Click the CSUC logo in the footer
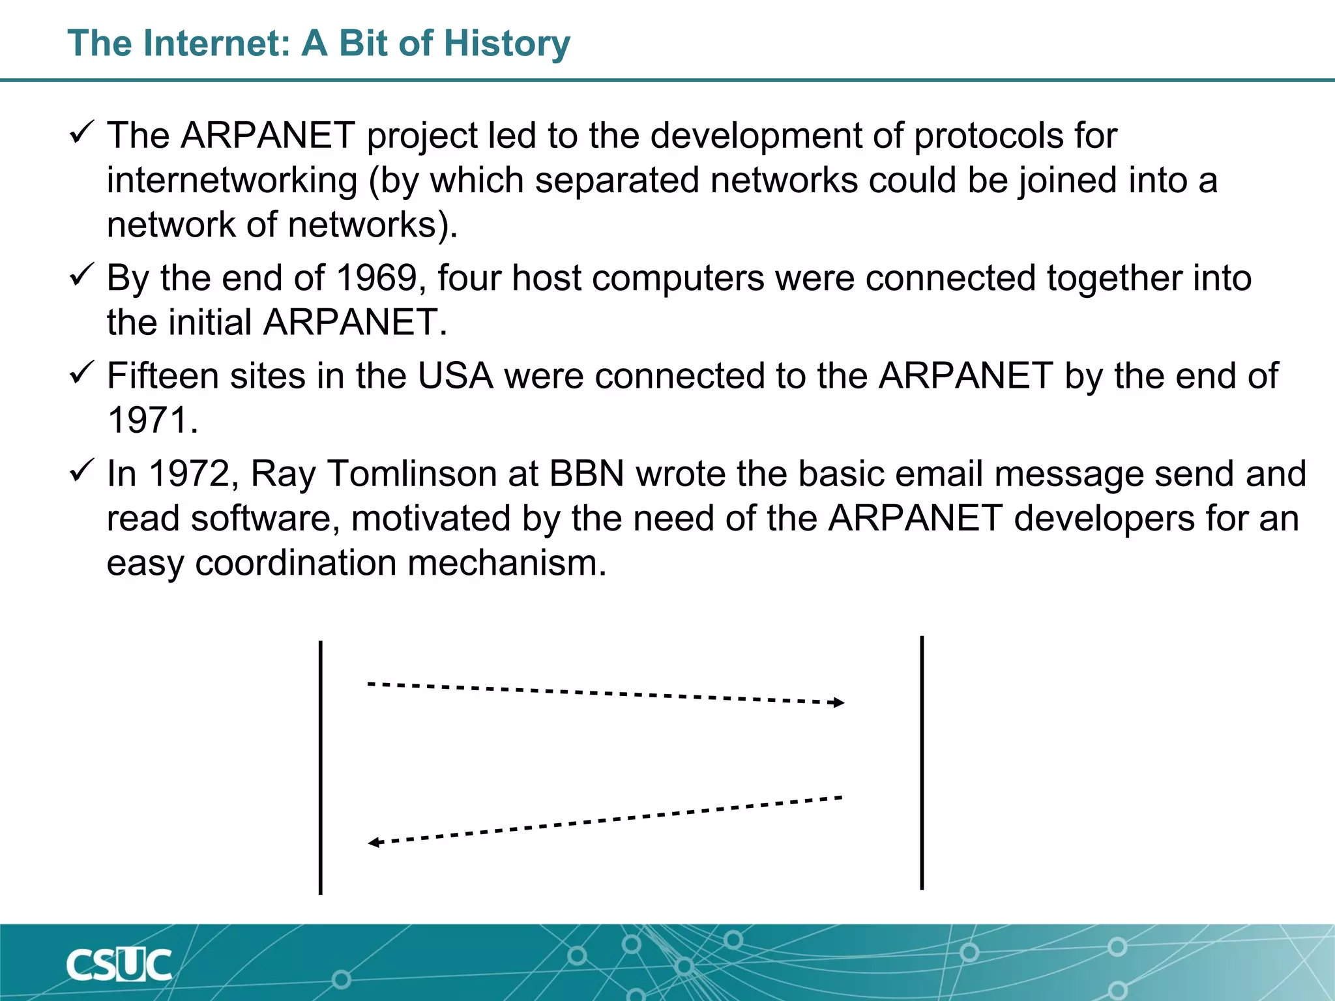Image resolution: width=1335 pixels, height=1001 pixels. pyautogui.click(x=119, y=965)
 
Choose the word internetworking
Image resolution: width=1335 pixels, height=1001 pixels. pyautogui.click(x=232, y=181)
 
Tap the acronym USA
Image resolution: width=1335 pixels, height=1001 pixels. pyautogui.click(x=455, y=376)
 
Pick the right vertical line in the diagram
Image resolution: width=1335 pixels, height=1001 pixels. pyautogui.click(x=922, y=762)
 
